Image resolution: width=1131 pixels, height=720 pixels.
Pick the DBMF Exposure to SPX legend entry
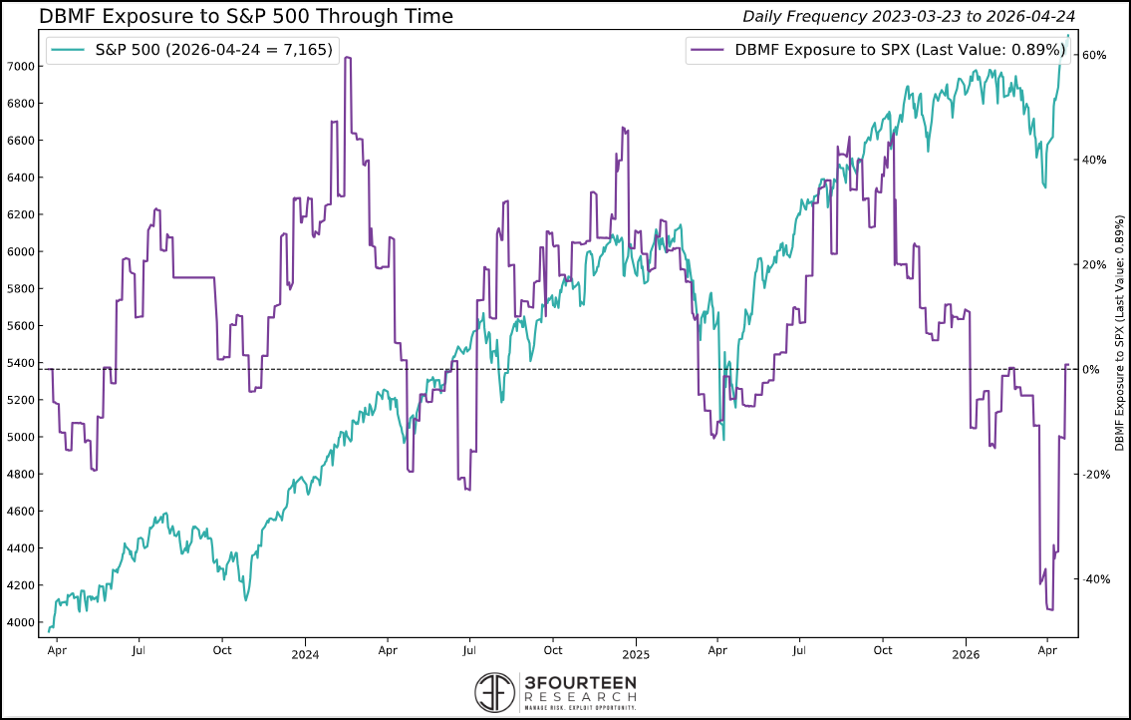coord(877,49)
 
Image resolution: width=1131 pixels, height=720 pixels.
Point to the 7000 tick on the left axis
coord(21,66)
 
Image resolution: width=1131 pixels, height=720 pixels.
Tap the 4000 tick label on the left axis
coord(21,622)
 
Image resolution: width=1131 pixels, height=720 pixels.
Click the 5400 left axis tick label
coord(21,363)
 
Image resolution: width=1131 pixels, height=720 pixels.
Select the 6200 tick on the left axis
coord(21,214)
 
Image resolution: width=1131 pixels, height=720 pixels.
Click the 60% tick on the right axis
coord(1094,55)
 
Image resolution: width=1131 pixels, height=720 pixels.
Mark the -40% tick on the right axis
coord(1092,579)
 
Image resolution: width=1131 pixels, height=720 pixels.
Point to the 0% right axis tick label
coord(1090,370)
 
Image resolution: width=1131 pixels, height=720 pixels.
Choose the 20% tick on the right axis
coord(1094,265)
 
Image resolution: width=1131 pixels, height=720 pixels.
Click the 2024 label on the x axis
coord(305,654)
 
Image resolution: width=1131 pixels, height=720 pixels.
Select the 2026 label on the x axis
coord(966,654)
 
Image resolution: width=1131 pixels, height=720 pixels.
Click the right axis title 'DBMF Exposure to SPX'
coord(1119,330)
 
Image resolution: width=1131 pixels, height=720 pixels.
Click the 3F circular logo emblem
coord(495,691)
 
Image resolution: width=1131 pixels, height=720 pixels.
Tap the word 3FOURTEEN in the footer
coord(580,682)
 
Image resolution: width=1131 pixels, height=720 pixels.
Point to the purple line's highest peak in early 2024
coord(347,58)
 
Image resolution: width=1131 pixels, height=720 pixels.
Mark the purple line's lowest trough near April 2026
coord(1050,609)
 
